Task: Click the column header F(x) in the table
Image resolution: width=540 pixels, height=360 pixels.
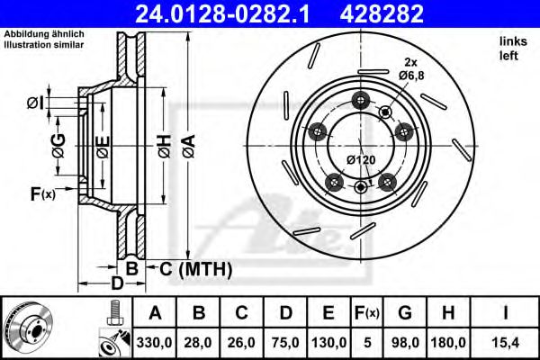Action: (x=368, y=313)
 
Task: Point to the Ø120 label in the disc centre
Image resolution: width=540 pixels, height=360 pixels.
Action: (x=361, y=159)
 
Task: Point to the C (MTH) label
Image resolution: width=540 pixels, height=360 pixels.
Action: (x=196, y=269)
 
